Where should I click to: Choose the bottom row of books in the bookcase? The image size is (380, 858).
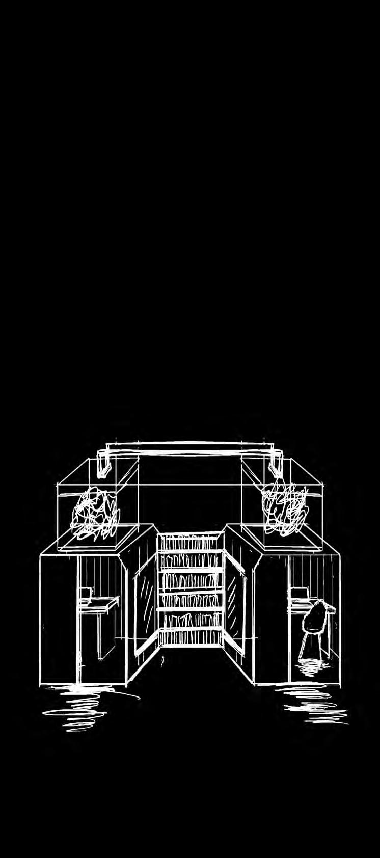coord(190,636)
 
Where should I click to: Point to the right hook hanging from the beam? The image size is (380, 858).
coord(277,461)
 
